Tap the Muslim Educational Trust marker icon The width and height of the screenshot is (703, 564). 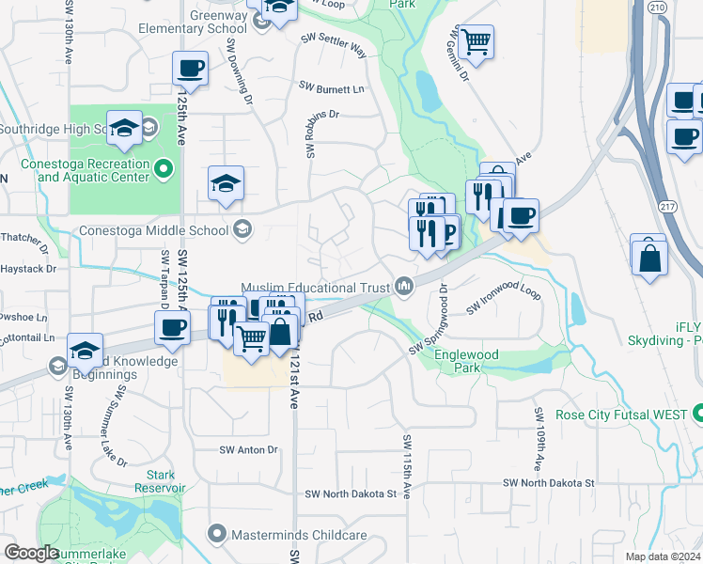coord(405,285)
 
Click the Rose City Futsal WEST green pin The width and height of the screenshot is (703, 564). coord(697,414)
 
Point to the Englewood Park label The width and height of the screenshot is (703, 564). coord(466,361)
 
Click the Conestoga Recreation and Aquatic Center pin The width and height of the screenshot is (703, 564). coord(165,169)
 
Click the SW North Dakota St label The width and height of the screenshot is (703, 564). coord(549,482)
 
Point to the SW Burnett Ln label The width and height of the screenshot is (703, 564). coord(332,87)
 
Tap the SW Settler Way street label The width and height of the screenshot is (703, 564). coord(334,43)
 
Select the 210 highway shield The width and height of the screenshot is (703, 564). coord(657,8)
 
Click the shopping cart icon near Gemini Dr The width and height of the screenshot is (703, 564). coord(476,40)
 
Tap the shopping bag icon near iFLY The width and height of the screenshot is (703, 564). coord(649,255)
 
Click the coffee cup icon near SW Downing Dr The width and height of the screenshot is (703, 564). coord(191,68)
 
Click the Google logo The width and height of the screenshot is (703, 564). coord(31,553)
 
